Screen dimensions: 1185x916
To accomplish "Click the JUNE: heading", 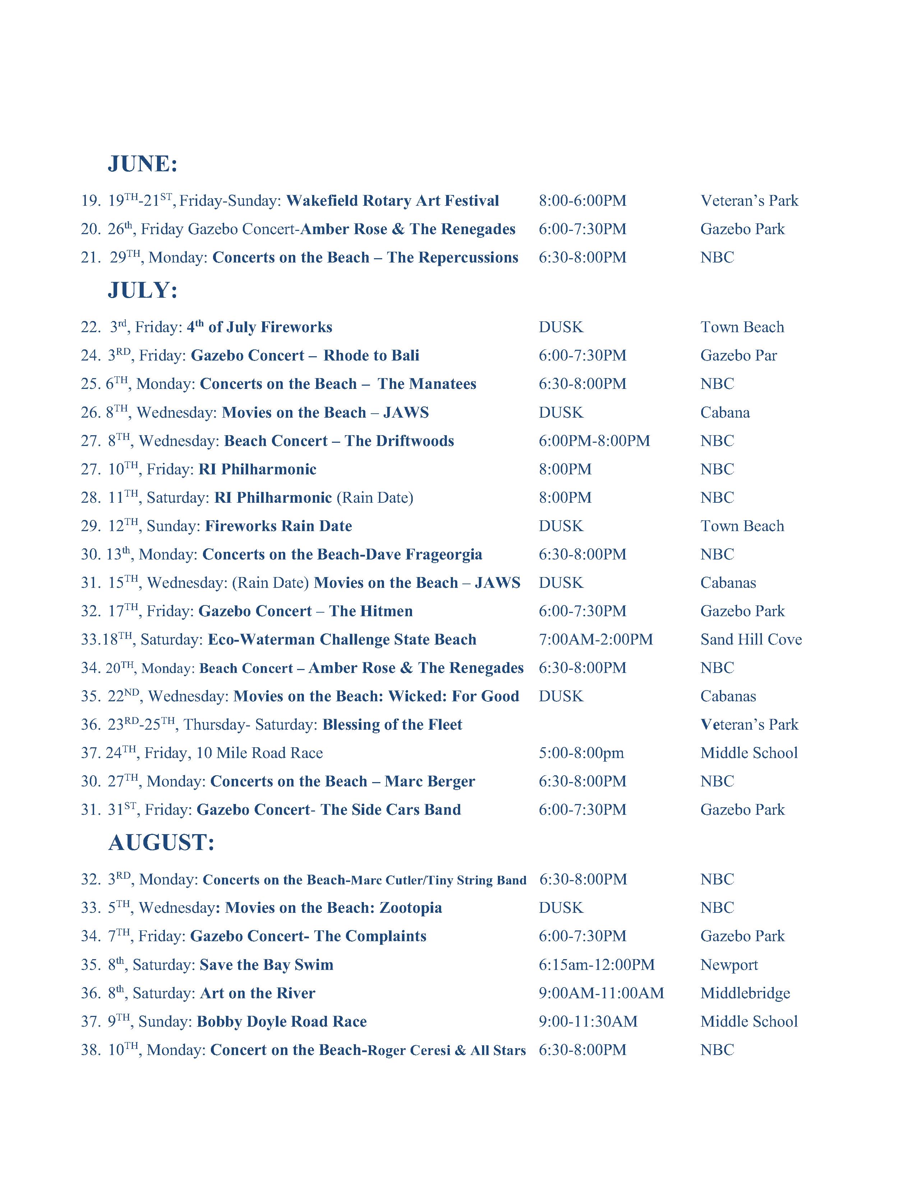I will (x=143, y=163).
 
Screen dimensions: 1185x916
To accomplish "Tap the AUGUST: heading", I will (x=161, y=843).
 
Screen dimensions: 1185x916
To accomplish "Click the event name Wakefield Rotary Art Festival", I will (x=392, y=201).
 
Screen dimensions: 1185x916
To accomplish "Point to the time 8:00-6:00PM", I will (x=582, y=201).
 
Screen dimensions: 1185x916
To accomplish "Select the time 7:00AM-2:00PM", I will (x=595, y=639).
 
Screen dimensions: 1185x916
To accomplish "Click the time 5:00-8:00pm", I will (x=581, y=753).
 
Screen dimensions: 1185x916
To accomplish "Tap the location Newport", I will (x=729, y=965).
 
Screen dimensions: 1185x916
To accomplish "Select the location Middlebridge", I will (x=745, y=993).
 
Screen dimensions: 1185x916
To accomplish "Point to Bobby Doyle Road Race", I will (x=282, y=1021).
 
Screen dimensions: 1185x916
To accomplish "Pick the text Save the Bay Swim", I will (x=267, y=965).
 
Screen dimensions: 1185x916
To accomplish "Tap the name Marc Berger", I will (x=430, y=781).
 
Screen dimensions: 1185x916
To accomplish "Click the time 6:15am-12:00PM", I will (x=596, y=965).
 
